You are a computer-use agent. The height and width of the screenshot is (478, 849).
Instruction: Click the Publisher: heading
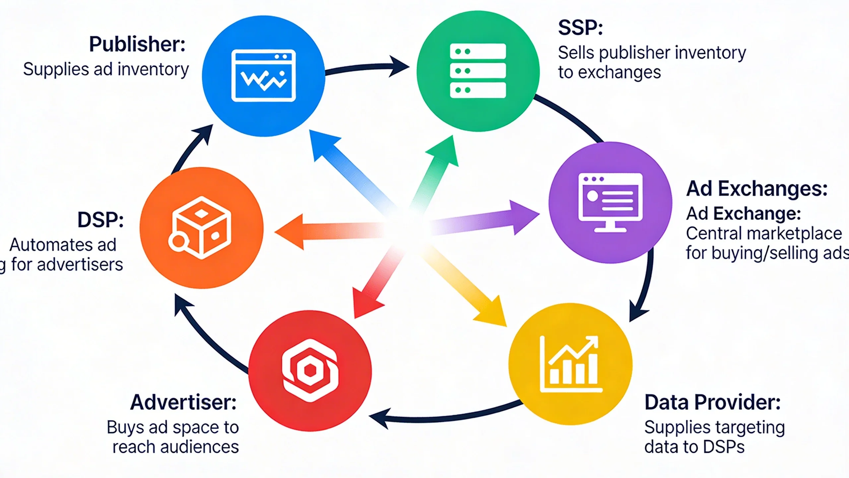click(x=137, y=44)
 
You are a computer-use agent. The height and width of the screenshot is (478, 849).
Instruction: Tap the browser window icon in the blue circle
click(x=264, y=76)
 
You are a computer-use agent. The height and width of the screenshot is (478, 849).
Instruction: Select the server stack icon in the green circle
click(x=478, y=71)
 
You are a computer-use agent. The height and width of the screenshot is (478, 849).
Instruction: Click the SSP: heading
click(x=580, y=28)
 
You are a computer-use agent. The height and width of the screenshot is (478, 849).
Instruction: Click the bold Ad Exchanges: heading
click(x=756, y=189)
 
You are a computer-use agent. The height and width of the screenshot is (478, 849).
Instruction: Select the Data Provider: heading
click(x=712, y=403)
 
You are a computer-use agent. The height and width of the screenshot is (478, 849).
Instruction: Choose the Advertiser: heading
click(x=183, y=403)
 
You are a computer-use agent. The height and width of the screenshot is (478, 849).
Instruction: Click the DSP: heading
click(x=100, y=220)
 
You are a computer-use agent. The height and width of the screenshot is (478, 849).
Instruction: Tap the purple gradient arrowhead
click(x=524, y=216)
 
